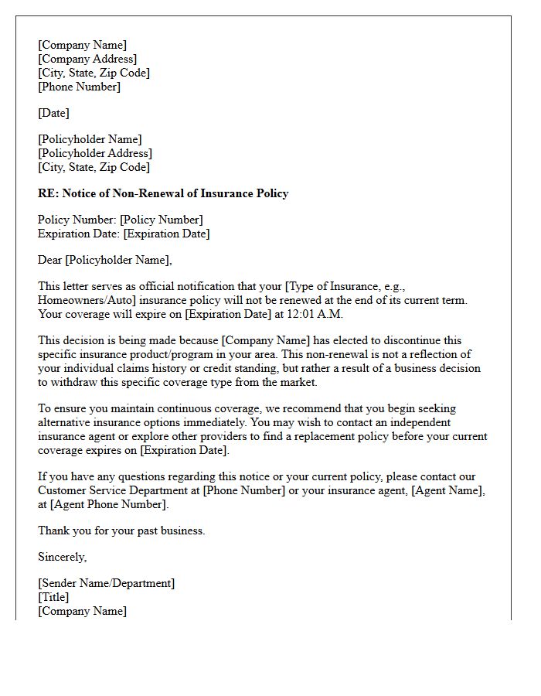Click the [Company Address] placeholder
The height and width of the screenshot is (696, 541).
click(x=87, y=59)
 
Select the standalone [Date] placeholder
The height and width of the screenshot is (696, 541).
click(x=53, y=113)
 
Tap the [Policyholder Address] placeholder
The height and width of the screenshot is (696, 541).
click(x=95, y=153)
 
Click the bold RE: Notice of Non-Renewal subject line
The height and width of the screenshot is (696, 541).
click(x=163, y=193)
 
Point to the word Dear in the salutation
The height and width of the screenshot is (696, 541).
click(x=50, y=260)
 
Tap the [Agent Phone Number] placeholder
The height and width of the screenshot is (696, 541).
click(x=108, y=504)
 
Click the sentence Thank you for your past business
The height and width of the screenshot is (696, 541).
click(x=121, y=531)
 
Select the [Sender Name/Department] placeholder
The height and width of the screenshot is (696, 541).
click(x=106, y=583)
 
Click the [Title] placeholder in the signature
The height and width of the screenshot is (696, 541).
click(x=53, y=597)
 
